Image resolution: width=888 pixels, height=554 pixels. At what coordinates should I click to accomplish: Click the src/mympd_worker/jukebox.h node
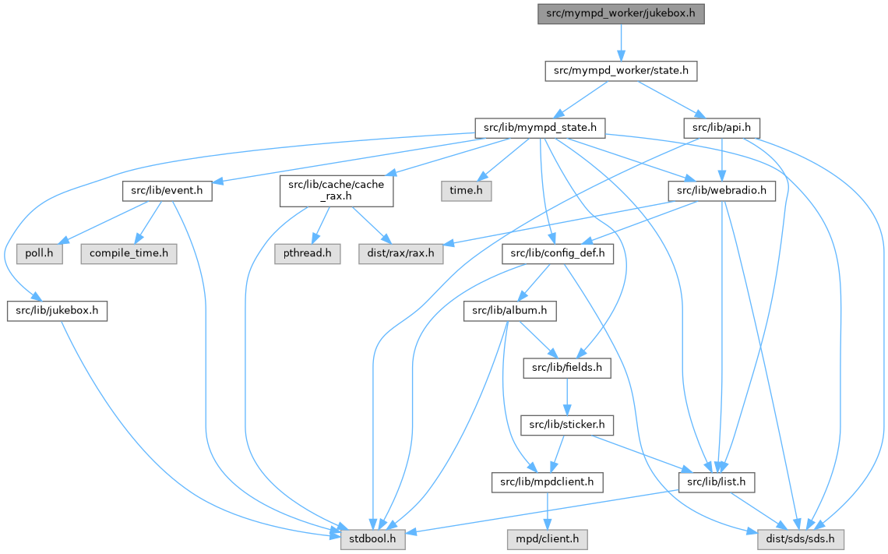(x=620, y=14)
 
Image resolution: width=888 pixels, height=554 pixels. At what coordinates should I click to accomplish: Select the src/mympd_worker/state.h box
(x=620, y=71)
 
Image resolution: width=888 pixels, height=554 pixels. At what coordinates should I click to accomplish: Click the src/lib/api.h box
(x=721, y=127)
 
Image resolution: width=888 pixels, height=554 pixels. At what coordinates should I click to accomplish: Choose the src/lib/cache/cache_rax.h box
(x=337, y=191)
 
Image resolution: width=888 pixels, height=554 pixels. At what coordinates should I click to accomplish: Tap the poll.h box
(x=40, y=253)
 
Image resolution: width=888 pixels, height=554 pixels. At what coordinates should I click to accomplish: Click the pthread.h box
(x=307, y=253)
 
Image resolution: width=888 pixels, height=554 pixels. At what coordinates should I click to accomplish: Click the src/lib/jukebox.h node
(x=56, y=311)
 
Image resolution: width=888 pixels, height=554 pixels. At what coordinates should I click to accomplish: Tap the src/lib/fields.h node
(x=566, y=368)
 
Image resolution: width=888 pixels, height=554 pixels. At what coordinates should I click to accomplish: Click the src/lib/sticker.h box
(x=566, y=425)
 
